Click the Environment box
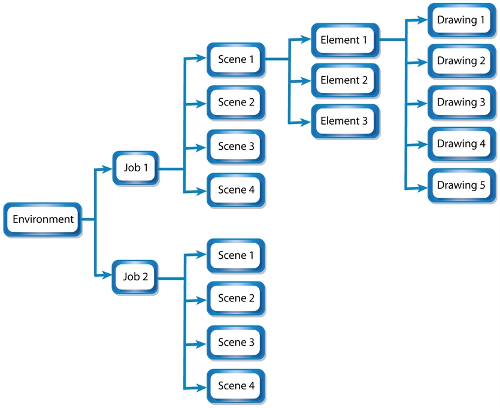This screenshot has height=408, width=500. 43,219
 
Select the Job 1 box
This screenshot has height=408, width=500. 136,168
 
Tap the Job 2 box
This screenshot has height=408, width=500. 136,277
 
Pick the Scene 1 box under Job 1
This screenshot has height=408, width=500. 236,59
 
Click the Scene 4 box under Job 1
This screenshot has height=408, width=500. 236,190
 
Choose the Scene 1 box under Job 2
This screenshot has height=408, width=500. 236,255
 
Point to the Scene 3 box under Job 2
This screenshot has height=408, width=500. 236,343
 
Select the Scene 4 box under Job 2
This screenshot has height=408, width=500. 236,386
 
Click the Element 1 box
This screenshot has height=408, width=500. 344,41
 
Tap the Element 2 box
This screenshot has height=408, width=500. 344,80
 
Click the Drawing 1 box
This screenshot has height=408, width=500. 461,20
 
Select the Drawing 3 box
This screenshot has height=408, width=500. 461,102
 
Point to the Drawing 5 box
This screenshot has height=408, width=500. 461,185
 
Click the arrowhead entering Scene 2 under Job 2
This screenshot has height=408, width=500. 203,299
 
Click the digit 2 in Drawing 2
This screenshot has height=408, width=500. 482,61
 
